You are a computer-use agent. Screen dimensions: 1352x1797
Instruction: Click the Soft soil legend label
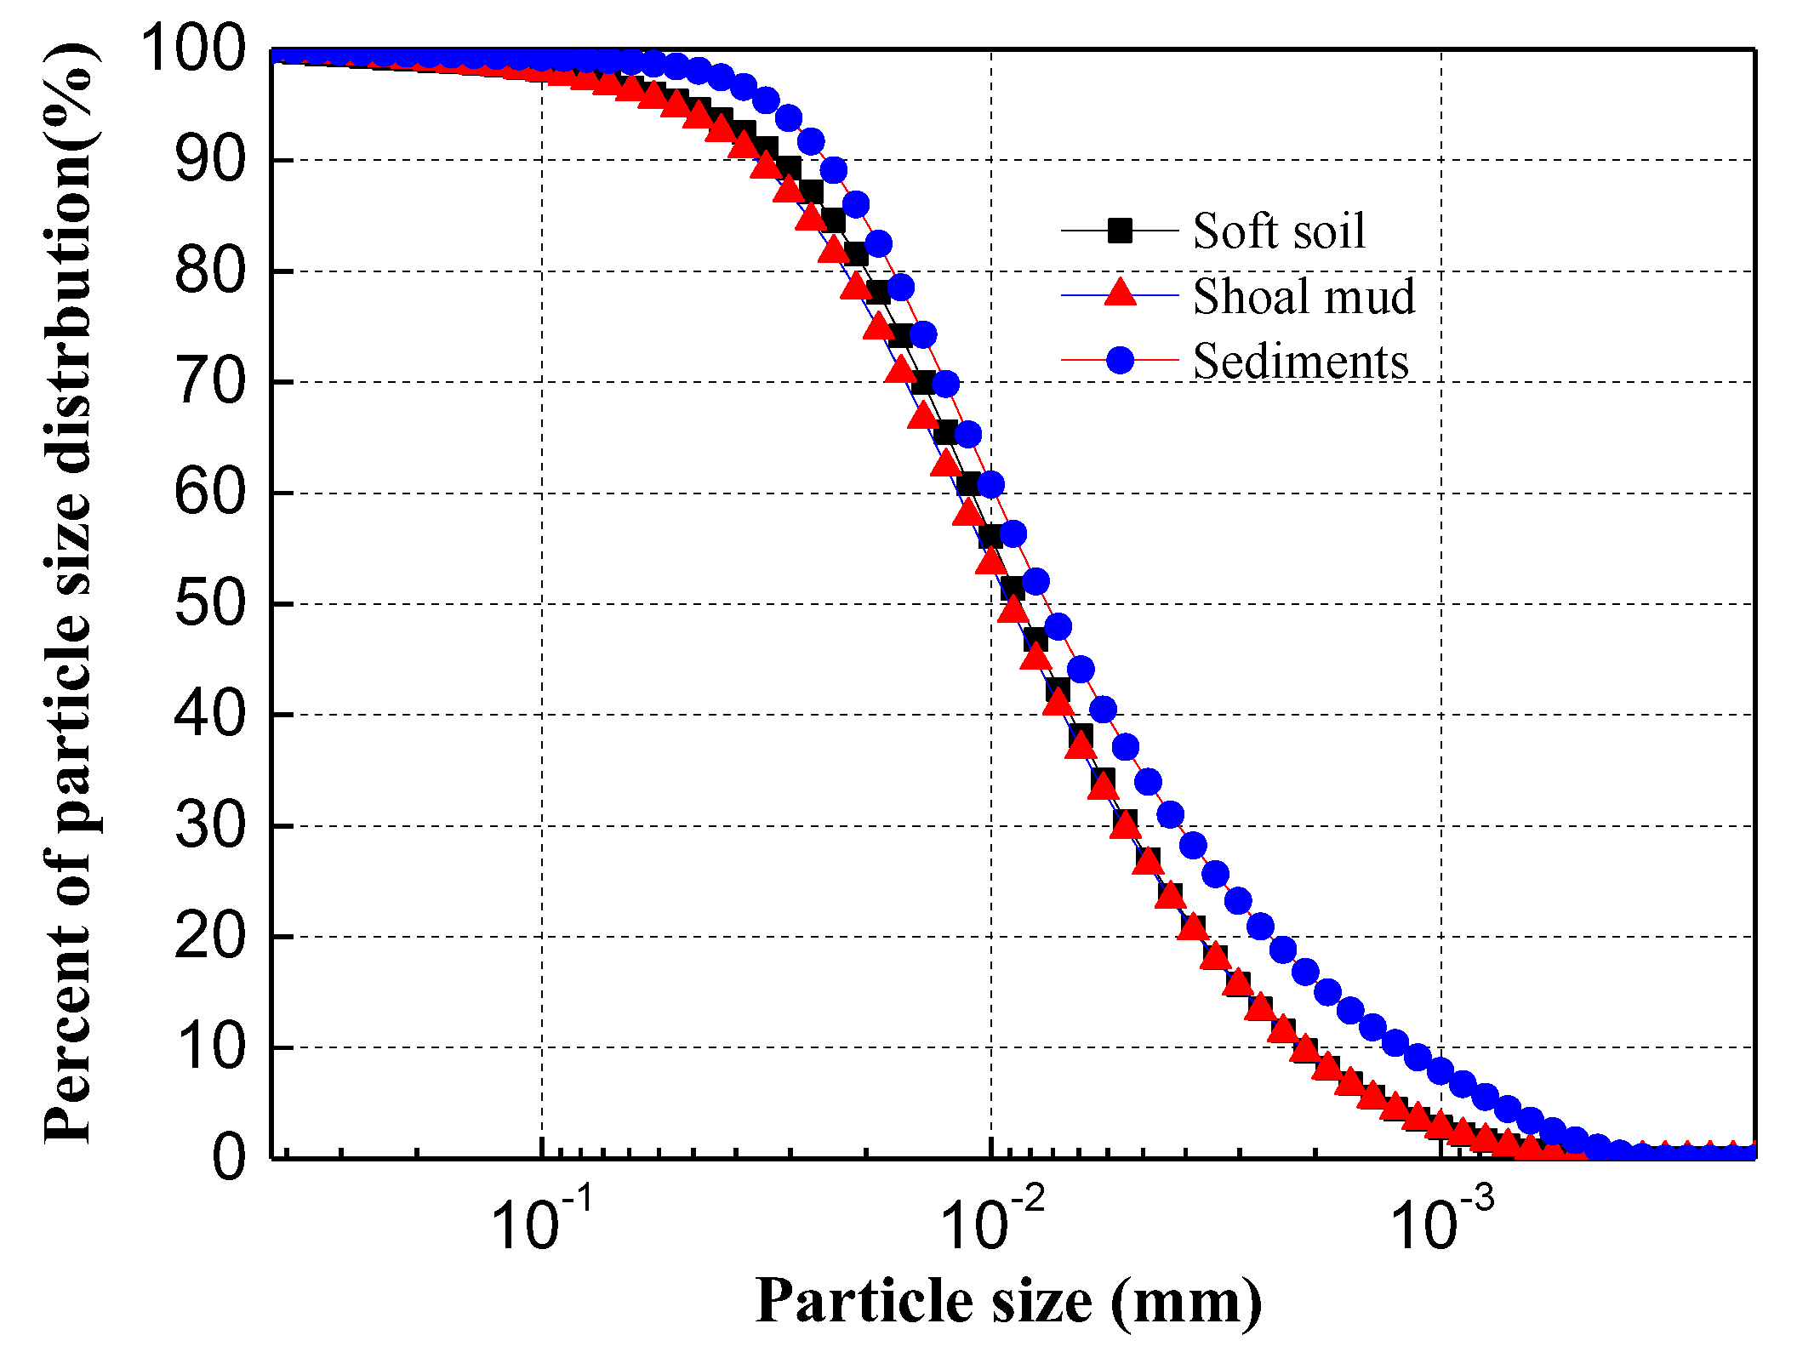click(1278, 231)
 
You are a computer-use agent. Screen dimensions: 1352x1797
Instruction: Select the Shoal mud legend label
click(1304, 296)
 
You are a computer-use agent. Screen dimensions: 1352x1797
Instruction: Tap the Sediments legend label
click(1300, 362)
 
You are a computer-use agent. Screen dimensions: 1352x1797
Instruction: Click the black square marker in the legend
click(1120, 231)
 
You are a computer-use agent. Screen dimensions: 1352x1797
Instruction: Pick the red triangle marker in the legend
click(1120, 293)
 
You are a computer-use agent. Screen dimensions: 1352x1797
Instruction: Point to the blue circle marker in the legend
click(1120, 360)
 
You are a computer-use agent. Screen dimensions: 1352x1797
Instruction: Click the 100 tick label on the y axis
click(194, 48)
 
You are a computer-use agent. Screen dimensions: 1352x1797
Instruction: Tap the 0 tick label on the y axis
click(228, 1158)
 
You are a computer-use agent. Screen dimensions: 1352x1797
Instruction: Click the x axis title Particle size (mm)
click(1008, 1301)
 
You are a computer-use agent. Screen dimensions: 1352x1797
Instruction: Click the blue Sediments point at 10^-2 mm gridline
click(990, 484)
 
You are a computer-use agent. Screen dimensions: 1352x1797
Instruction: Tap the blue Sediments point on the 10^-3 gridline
click(1440, 1071)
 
